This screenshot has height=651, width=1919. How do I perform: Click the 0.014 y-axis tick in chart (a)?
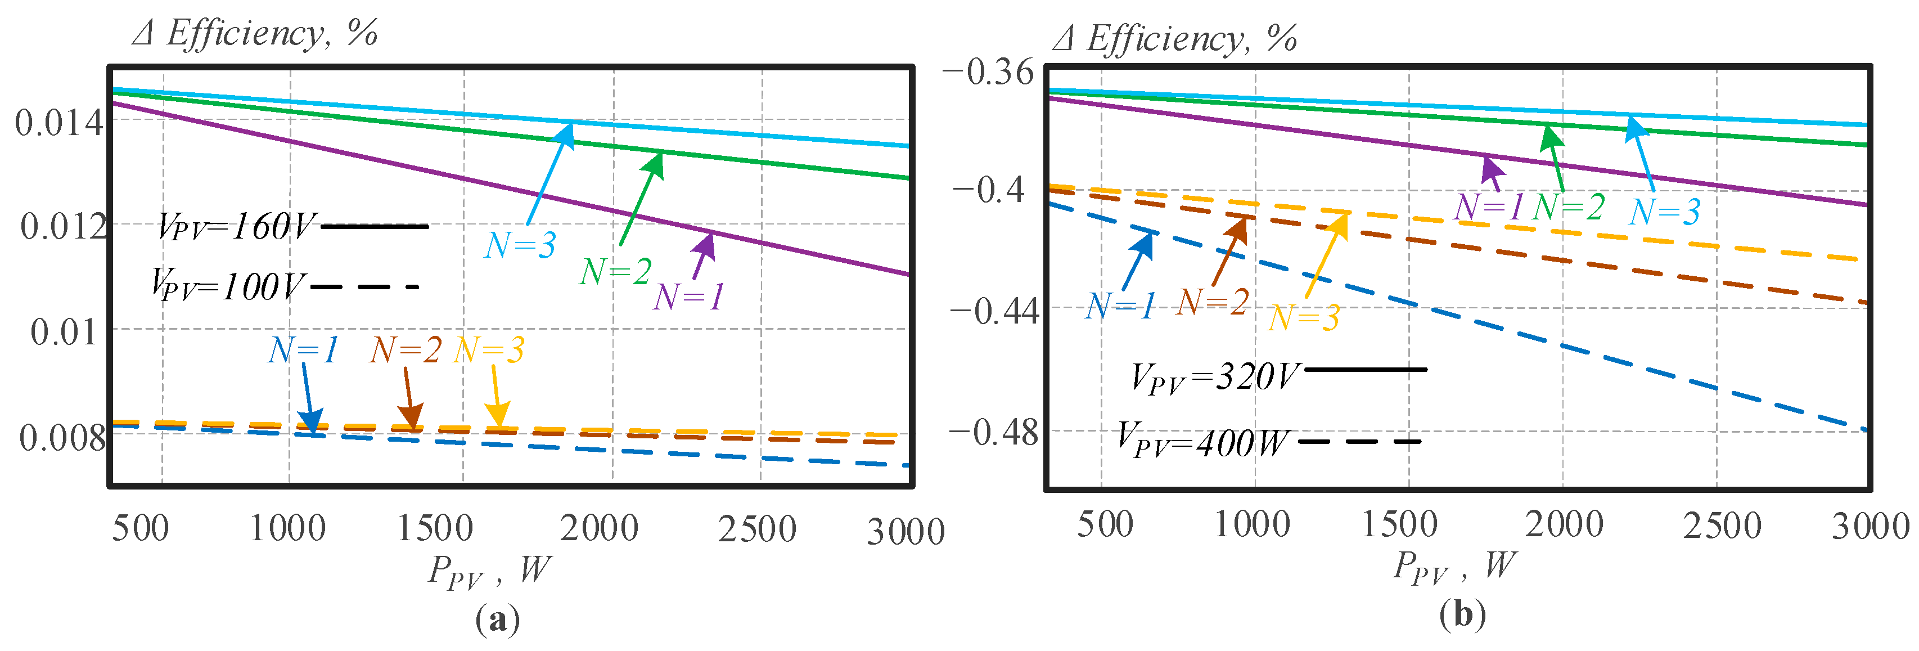(x=58, y=122)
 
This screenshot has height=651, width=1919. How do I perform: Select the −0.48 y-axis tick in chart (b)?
(x=994, y=431)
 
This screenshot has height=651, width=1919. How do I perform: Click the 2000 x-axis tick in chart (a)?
(x=599, y=528)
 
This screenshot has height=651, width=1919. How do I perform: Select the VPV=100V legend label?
(x=228, y=285)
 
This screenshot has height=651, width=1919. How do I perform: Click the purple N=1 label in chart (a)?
(x=688, y=297)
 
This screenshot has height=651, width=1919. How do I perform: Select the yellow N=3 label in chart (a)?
(x=489, y=349)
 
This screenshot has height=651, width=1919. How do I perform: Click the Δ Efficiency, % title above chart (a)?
(x=255, y=34)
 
